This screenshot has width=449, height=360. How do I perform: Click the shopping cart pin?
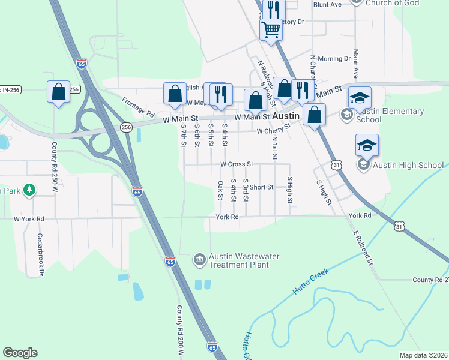pyautogui.click(x=271, y=28)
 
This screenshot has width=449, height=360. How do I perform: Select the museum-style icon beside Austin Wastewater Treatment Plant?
pyautogui.click(x=199, y=260)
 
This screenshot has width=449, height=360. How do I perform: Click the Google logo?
pyautogui.click(x=20, y=353)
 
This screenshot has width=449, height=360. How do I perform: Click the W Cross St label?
pyautogui.click(x=237, y=163)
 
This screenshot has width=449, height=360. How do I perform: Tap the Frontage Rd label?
pyautogui.click(x=138, y=107)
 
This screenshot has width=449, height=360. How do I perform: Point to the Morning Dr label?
pyautogui.click(x=334, y=59)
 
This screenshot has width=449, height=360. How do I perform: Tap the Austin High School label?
pyautogui.click(x=409, y=165)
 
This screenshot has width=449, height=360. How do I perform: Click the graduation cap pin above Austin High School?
pyautogui.click(x=367, y=145)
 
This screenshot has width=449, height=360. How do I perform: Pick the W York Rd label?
pyautogui.click(x=29, y=219)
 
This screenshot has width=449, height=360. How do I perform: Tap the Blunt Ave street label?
pyautogui.click(x=327, y=4)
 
